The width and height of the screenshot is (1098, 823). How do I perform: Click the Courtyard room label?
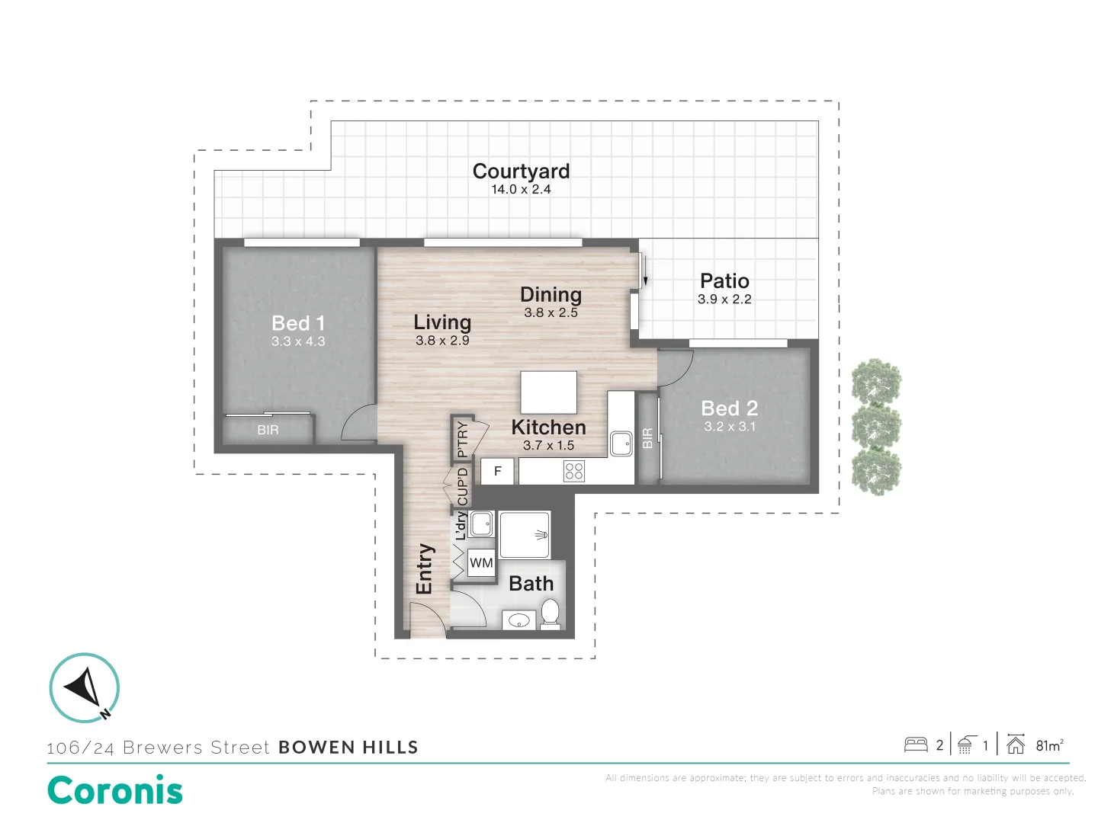tap(521, 171)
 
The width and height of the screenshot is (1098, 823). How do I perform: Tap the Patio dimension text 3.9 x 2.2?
tap(724, 299)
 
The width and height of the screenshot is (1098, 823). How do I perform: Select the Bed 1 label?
tap(298, 323)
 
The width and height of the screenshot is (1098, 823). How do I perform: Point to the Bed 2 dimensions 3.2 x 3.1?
tap(730, 427)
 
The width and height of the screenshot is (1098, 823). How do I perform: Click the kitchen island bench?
tap(548, 392)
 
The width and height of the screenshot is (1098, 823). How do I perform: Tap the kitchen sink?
tap(621, 442)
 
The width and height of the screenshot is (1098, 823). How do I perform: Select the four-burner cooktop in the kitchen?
tap(574, 472)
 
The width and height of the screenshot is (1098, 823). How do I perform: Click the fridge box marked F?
tap(497, 472)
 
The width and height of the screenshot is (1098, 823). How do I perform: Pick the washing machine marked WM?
tap(481, 563)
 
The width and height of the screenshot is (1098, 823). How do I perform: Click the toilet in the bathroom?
tap(550, 613)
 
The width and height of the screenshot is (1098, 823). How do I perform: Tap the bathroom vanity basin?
tap(518, 621)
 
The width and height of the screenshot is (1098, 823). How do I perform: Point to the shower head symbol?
tap(541, 535)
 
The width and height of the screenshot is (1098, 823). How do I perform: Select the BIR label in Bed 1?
tap(268, 431)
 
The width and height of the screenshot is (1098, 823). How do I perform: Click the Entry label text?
tap(424, 568)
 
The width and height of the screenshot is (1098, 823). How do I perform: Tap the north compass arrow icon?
tap(85, 687)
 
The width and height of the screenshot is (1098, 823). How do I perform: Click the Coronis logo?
tap(115, 790)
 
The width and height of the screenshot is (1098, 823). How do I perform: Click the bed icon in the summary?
tap(916, 745)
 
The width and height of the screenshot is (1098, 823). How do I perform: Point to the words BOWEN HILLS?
tap(348, 748)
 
